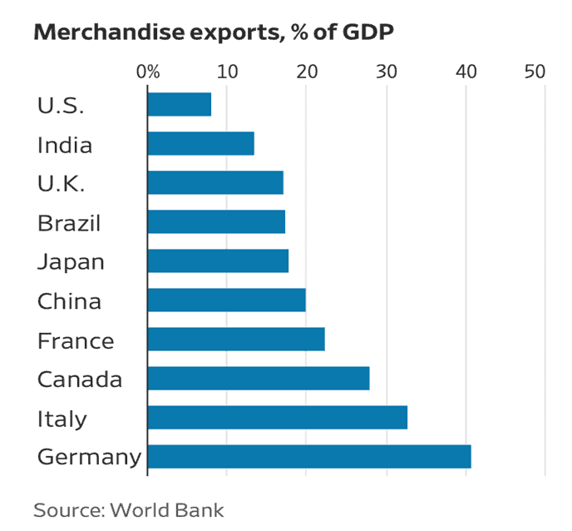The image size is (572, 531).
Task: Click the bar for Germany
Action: pyautogui.click(x=309, y=457)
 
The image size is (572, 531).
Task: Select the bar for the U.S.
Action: pyautogui.click(x=179, y=105)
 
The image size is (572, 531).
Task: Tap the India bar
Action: pyautogui.click(x=200, y=144)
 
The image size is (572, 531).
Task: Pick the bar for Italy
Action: pyautogui.click(x=277, y=418)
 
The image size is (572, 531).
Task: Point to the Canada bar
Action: pyautogui.click(x=258, y=379)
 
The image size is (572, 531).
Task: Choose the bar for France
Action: pyautogui.click(x=235, y=340)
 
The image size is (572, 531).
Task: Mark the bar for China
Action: pyautogui.click(x=226, y=300)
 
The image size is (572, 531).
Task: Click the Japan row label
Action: pyautogui.click(x=71, y=262)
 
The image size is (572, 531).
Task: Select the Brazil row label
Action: pyautogui.click(x=69, y=223)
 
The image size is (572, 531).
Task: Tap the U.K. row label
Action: pyautogui.click(x=61, y=184)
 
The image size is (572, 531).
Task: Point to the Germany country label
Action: pyautogui.click(x=89, y=458)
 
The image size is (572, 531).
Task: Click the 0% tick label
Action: pyautogui.click(x=148, y=72)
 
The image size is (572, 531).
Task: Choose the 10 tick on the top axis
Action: pyautogui.click(x=227, y=72)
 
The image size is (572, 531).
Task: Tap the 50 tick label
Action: pyautogui.click(x=534, y=72)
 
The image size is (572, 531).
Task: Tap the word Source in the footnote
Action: pyautogui.click(x=65, y=509)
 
